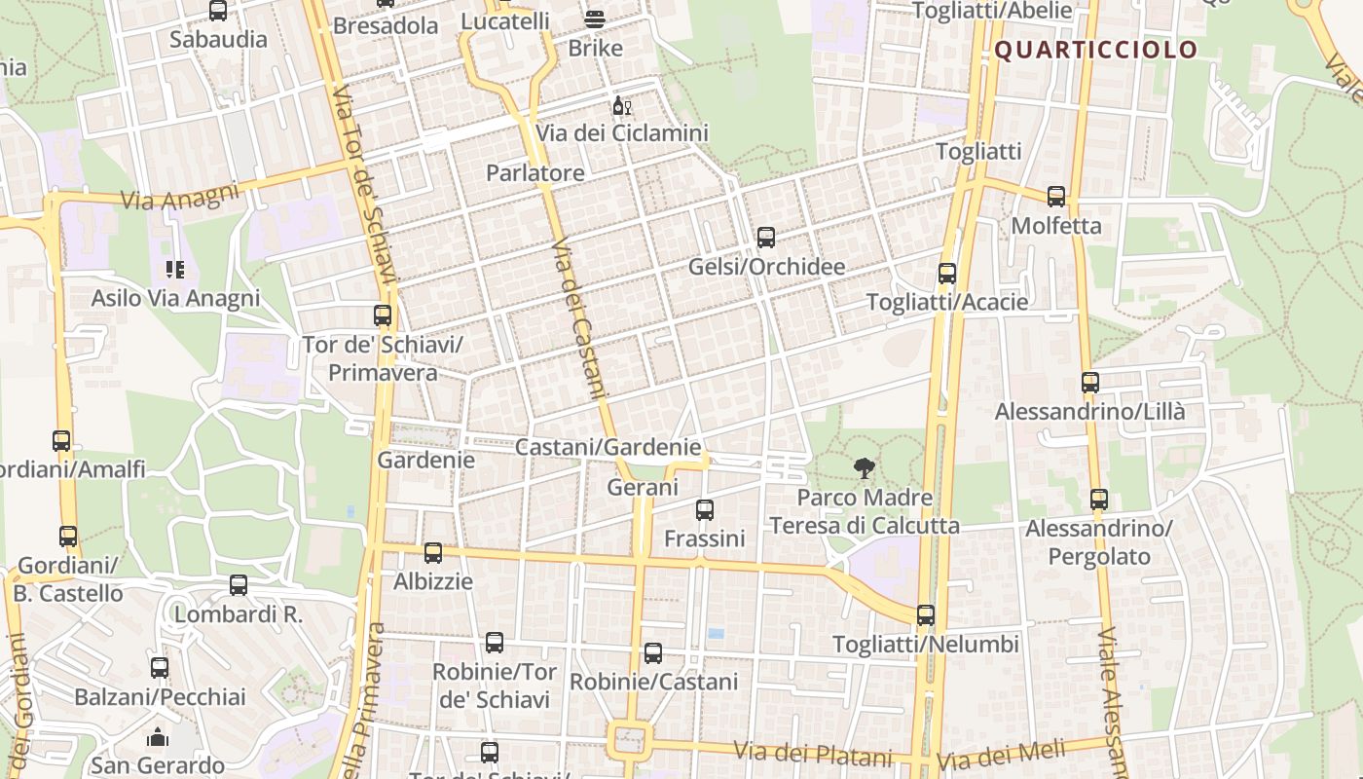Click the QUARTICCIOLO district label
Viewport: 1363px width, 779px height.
(1095, 50)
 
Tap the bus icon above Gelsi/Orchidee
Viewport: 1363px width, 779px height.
(766, 237)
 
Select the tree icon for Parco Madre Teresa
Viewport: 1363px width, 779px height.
(864, 468)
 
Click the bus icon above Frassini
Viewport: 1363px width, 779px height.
(705, 509)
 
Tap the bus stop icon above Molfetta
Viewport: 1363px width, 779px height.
(1056, 197)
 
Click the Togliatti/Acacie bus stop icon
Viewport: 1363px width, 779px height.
(947, 274)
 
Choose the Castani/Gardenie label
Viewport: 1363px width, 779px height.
(608, 447)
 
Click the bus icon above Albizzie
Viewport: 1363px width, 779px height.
(433, 553)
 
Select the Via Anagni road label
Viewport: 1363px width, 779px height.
(180, 196)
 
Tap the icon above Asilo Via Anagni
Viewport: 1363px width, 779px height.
(175, 269)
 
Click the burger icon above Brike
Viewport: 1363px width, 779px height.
(595, 19)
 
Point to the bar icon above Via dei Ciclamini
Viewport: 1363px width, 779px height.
(621, 105)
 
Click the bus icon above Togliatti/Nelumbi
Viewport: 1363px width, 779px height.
(926, 615)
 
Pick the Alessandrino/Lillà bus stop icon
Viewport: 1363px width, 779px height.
(1090, 383)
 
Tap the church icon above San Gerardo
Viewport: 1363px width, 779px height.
(158, 737)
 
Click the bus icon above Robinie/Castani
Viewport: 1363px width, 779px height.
(653, 653)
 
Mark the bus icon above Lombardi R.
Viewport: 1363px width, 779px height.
(239, 585)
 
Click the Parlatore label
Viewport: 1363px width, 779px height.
(535, 173)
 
